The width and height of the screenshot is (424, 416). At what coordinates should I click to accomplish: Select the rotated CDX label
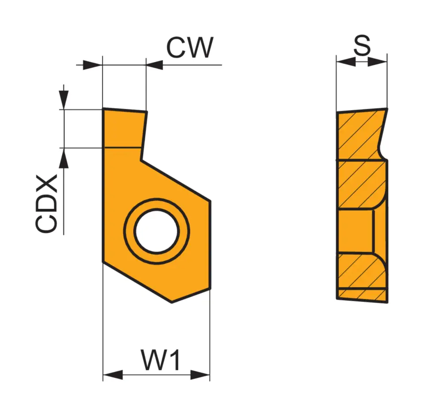[47, 203]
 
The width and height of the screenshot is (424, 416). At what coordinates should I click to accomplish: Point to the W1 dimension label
[161, 360]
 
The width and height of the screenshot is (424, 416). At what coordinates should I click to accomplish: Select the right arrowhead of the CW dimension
[155, 65]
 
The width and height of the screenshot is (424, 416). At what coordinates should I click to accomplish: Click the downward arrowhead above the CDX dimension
[64, 100]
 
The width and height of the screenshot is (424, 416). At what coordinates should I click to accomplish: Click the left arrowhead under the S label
[346, 62]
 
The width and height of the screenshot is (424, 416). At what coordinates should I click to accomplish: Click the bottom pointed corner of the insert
[172, 302]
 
